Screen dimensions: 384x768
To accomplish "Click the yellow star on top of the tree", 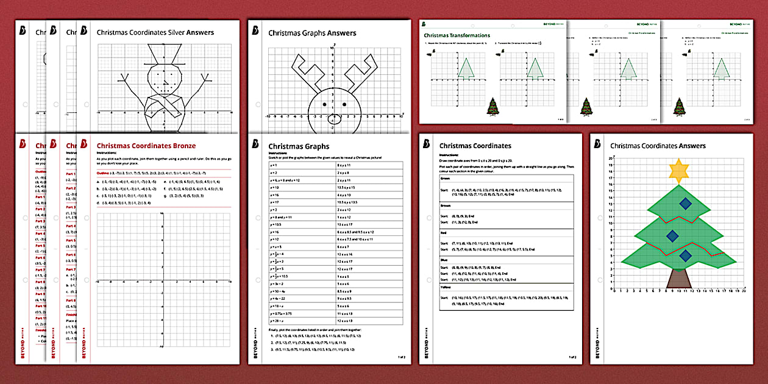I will pos(678,171).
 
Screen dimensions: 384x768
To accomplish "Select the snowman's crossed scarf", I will pos(162,106).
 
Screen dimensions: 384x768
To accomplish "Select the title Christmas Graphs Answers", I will pos(312,33).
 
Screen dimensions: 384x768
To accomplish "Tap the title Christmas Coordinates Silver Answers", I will pos(155,32).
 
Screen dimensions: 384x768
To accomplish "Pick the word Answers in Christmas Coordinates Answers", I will pos(692,146).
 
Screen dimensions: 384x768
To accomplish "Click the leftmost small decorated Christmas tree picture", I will pos(492,107).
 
